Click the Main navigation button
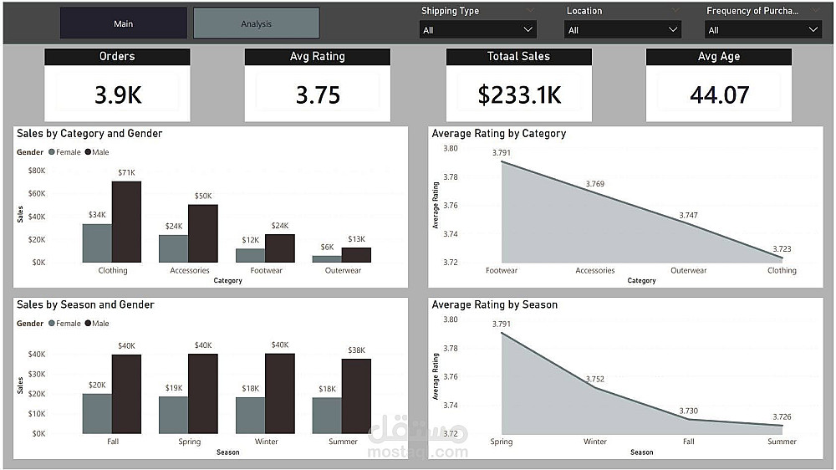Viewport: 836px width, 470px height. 124,23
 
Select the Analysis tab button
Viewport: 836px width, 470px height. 256,23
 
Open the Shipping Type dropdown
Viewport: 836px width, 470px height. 477,30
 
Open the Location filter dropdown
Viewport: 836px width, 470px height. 623,30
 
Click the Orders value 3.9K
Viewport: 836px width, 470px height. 117,95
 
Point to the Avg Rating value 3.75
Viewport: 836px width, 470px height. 318,95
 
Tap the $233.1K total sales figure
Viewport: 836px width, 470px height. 519,95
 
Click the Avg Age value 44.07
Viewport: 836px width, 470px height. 719,95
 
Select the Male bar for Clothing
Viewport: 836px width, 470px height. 127,222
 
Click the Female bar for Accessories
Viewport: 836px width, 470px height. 173,248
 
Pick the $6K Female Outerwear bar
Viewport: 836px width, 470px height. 326,258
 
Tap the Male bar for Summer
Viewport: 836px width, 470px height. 356,396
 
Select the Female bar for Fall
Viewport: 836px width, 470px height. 97,413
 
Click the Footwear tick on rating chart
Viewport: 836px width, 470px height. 502,271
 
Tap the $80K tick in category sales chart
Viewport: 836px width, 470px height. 37,171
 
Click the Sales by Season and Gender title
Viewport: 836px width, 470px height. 85,305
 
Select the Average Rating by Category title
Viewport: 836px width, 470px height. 498,134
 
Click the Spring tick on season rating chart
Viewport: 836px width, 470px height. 502,442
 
